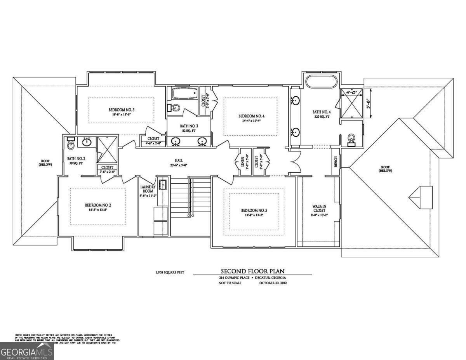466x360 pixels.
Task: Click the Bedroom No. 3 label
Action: coord(121,110)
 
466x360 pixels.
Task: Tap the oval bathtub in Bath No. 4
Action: coord(322,82)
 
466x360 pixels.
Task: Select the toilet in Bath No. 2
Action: coord(71,144)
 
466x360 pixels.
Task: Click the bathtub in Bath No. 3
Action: coord(184,94)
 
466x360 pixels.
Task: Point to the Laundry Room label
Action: coord(148,189)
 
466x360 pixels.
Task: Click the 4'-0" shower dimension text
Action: coord(352,92)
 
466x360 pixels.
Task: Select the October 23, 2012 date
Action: coord(273,283)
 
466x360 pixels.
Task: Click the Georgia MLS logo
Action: coord(27,351)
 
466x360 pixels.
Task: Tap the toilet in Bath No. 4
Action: coord(352,139)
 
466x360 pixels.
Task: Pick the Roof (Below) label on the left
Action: coord(45,162)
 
